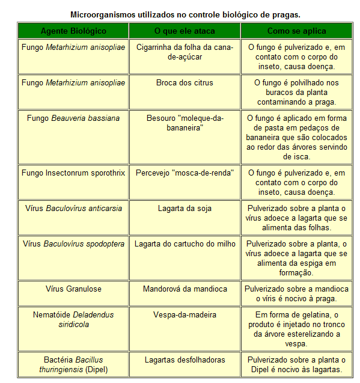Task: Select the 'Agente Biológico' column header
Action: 73,31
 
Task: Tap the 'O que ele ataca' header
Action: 185,31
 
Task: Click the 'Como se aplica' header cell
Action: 296,31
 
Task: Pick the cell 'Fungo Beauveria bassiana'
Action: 73,118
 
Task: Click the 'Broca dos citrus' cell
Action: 185,83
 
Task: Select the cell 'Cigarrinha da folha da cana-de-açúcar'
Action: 185,52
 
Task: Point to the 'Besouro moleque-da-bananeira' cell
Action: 185,123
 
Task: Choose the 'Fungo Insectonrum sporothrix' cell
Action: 73,173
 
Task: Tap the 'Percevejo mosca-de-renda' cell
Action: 185,173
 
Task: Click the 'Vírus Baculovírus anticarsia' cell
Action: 73,209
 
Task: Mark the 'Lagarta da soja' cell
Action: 185,209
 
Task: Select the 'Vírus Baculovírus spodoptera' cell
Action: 73,244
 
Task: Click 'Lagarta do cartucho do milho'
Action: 185,244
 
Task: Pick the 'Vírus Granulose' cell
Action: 73,289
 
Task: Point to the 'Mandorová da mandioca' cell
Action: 185,289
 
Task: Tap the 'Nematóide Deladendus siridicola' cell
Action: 73,319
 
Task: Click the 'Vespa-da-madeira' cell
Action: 185,314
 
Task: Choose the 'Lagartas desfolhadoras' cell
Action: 185,360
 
